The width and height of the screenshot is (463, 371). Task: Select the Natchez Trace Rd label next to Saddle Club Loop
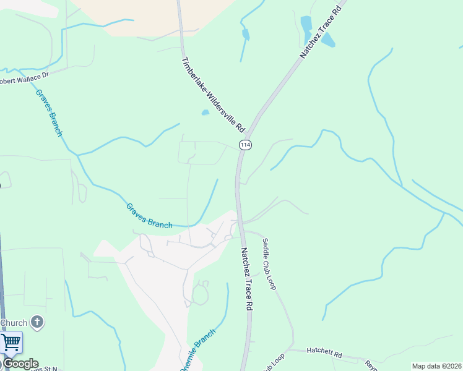(247, 279)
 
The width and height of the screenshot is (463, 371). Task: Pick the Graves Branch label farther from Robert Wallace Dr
(149, 216)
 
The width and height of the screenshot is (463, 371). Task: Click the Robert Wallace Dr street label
(24, 77)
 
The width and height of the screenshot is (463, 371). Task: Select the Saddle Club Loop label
(269, 264)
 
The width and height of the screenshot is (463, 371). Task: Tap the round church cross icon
(37, 322)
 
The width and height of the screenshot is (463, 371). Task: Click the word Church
(14, 323)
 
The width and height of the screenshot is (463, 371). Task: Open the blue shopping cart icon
(11, 343)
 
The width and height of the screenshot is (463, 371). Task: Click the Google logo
(20, 364)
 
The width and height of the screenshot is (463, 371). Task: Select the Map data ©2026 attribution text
(436, 366)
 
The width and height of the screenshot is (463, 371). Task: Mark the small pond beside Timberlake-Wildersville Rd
(205, 113)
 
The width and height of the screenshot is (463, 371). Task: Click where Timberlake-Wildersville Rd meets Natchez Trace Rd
(249, 132)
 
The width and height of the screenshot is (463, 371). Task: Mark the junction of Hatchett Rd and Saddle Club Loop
(293, 350)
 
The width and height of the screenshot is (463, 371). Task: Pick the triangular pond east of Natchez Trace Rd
(327, 41)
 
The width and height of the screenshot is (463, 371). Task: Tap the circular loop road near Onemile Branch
(200, 294)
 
